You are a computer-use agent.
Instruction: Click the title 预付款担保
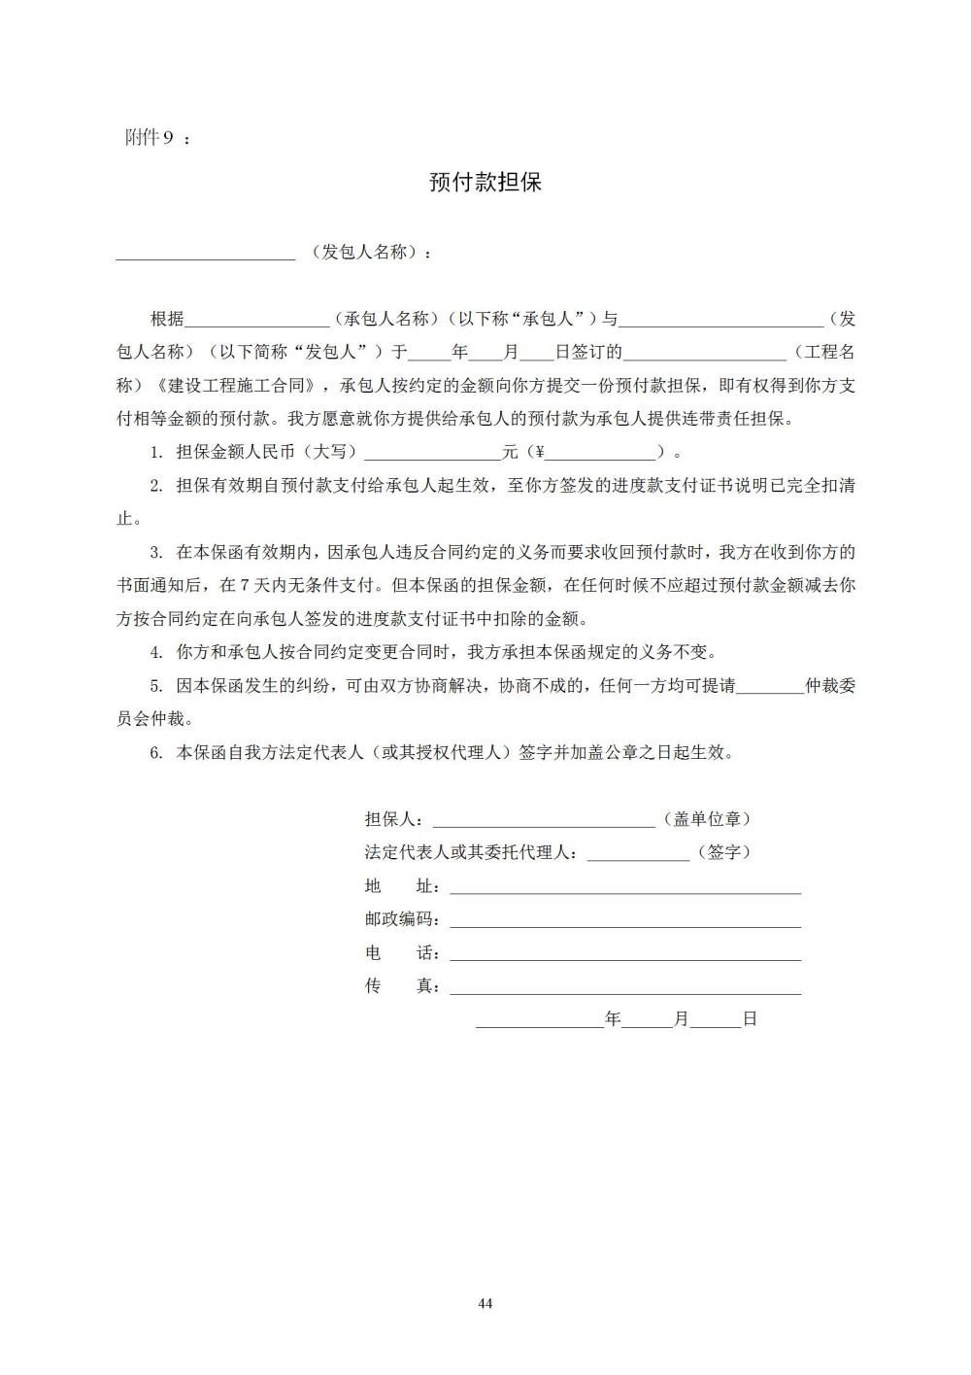(x=485, y=183)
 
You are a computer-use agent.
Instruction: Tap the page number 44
(x=485, y=1303)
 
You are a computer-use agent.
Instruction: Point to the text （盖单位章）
(x=706, y=819)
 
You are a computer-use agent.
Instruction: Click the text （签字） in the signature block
(x=723, y=852)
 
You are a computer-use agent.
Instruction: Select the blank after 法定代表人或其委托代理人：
(x=638, y=857)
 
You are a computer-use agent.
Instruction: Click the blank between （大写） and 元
(x=432, y=456)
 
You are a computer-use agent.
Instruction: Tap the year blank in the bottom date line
(x=539, y=1024)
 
